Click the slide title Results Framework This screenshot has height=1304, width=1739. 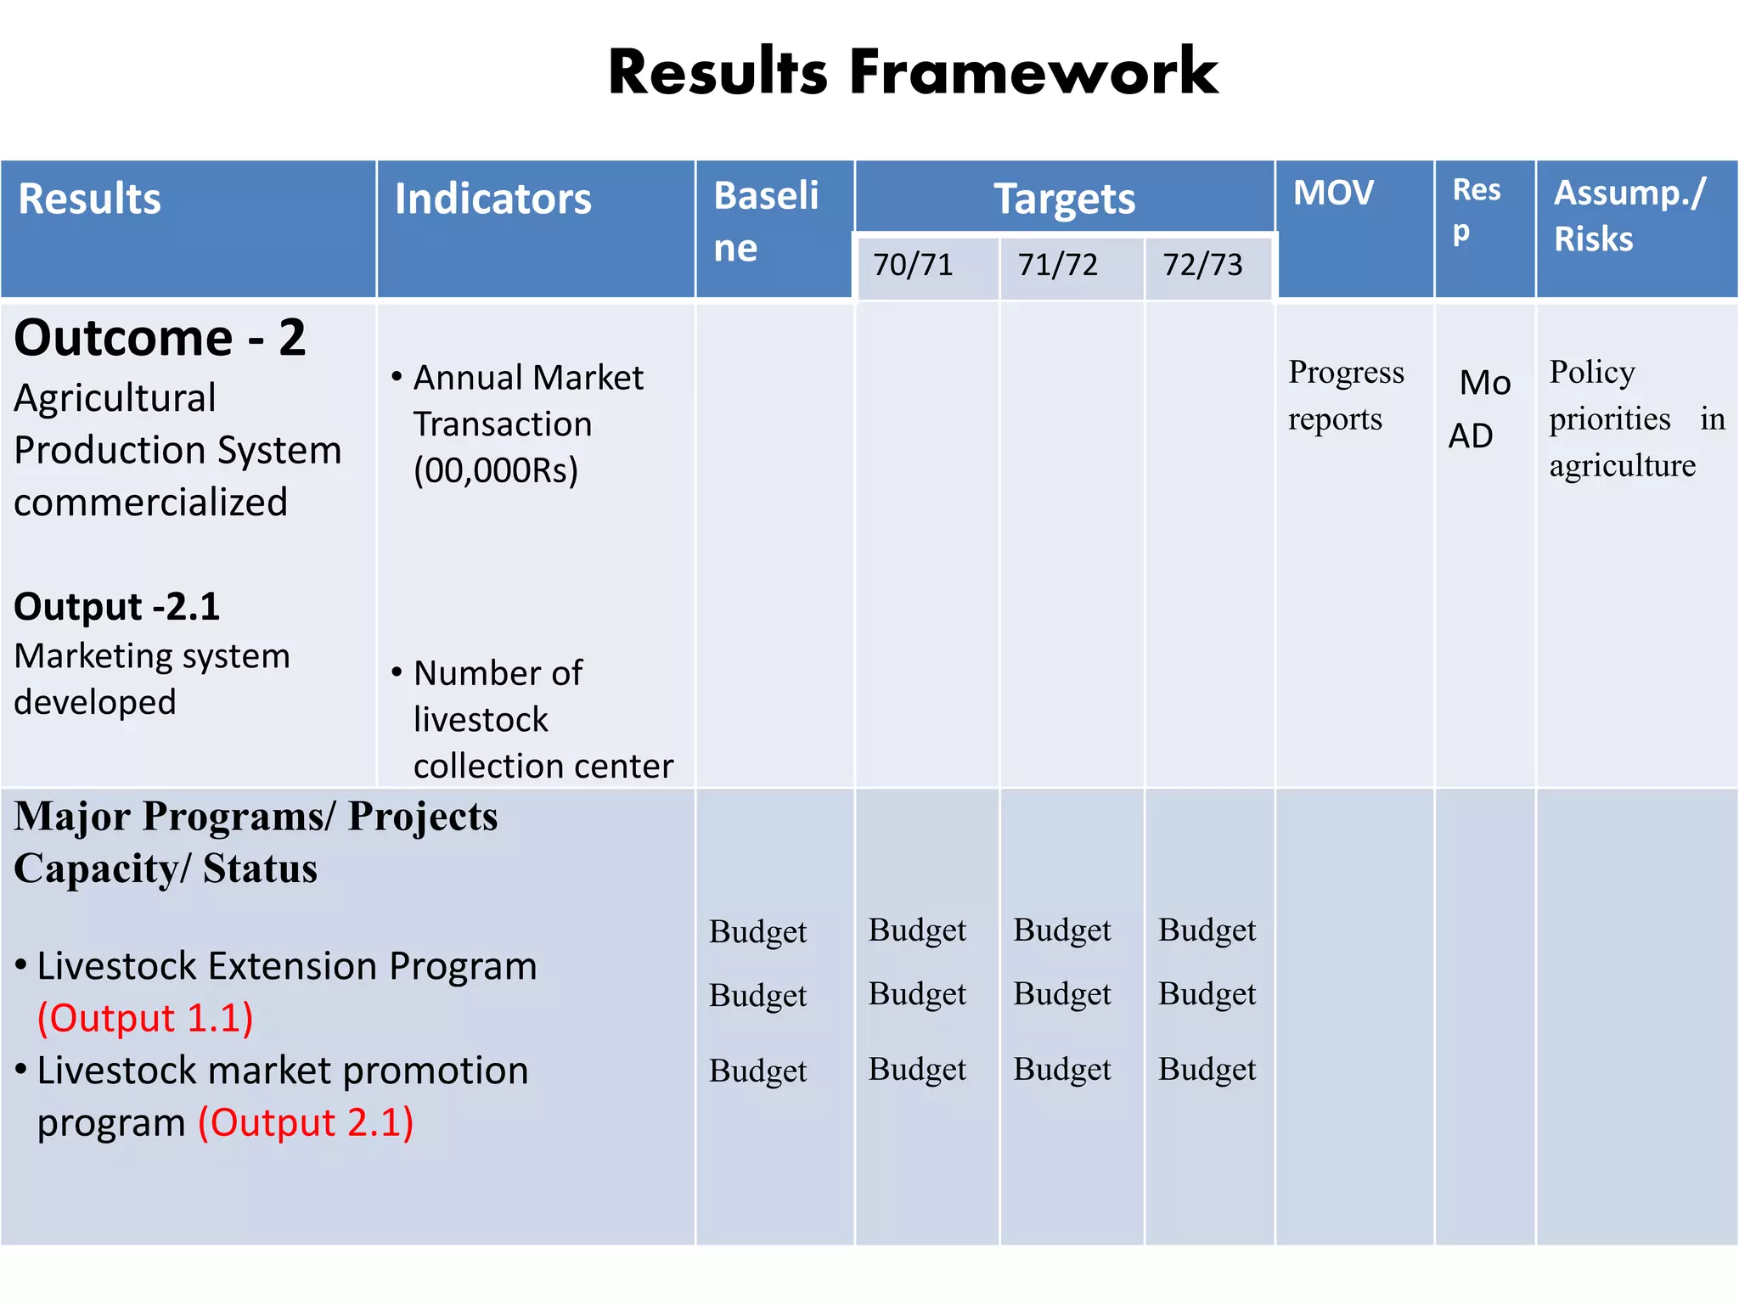pyautogui.click(x=913, y=72)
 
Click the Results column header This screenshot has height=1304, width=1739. pyautogui.click(x=90, y=200)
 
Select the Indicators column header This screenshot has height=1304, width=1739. pyautogui.click(x=492, y=200)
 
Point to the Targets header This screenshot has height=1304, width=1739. pyautogui.click(x=1064, y=200)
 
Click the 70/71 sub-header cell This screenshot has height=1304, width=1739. pyautogui.click(x=913, y=265)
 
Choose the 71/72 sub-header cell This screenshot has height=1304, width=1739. pyautogui.click(x=1057, y=265)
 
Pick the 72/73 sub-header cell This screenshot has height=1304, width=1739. pyautogui.click(x=1202, y=265)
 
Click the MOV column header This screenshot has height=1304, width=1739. pyautogui.click(x=1333, y=194)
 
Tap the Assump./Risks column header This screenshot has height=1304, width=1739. pyautogui.click(x=1629, y=216)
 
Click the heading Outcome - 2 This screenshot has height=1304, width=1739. pyautogui.click(x=160, y=338)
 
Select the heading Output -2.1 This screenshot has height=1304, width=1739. pyautogui.click(x=117, y=607)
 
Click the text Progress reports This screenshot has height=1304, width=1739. pyautogui.click(x=1346, y=395)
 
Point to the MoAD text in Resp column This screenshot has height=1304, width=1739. pyautogui.click(x=1479, y=408)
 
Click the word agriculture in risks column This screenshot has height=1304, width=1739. pyautogui.click(x=1622, y=465)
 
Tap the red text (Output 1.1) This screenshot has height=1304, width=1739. pyautogui.click(x=145, y=1018)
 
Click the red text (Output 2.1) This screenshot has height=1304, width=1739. pyautogui.click(x=306, y=1122)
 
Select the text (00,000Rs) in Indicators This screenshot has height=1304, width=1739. pyautogui.click(x=496, y=469)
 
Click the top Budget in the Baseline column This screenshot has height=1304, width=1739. pyautogui.click(x=757, y=931)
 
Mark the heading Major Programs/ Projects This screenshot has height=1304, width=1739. pyautogui.click(x=256, y=817)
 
